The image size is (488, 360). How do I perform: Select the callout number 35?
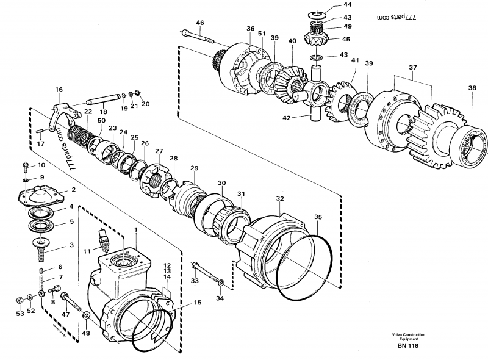click(x=317, y=216)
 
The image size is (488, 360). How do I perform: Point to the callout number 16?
click(x=59, y=90)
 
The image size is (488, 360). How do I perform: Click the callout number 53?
click(x=20, y=313)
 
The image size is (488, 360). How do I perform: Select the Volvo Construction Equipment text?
click(x=409, y=337)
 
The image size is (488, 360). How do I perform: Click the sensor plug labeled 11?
click(x=103, y=239)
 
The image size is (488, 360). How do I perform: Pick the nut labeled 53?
click(x=20, y=299)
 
